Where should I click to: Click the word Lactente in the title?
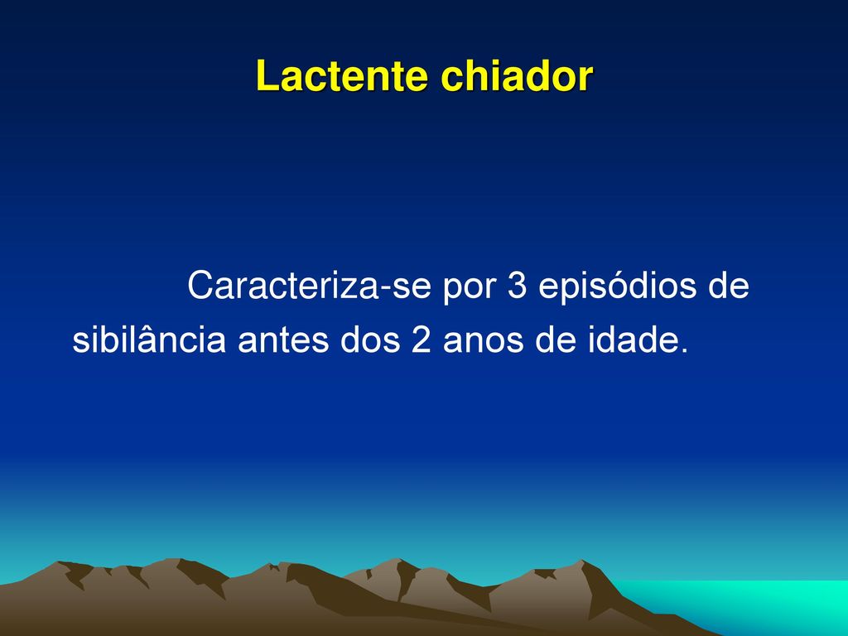click(x=342, y=75)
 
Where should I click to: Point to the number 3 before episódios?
click(x=517, y=285)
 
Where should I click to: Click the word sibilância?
click(x=149, y=339)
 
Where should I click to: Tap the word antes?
click(x=283, y=340)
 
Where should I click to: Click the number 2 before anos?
click(x=422, y=339)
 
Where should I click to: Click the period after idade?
click(x=684, y=350)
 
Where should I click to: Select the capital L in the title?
click(x=267, y=75)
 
